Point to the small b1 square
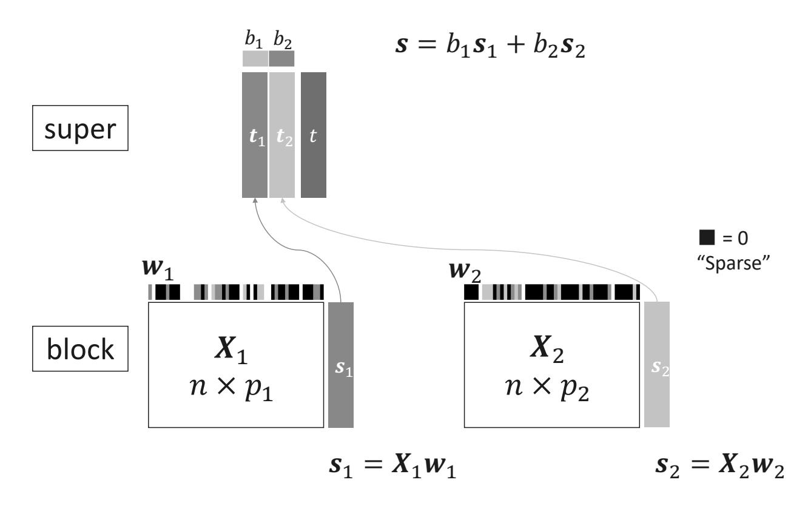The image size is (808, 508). click(x=255, y=58)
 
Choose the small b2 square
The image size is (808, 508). click(x=281, y=58)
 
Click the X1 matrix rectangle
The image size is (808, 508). click(x=236, y=364)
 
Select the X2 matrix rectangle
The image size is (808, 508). click(x=551, y=364)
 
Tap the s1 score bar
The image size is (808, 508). click(x=340, y=364)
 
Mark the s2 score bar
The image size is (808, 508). click(x=657, y=364)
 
